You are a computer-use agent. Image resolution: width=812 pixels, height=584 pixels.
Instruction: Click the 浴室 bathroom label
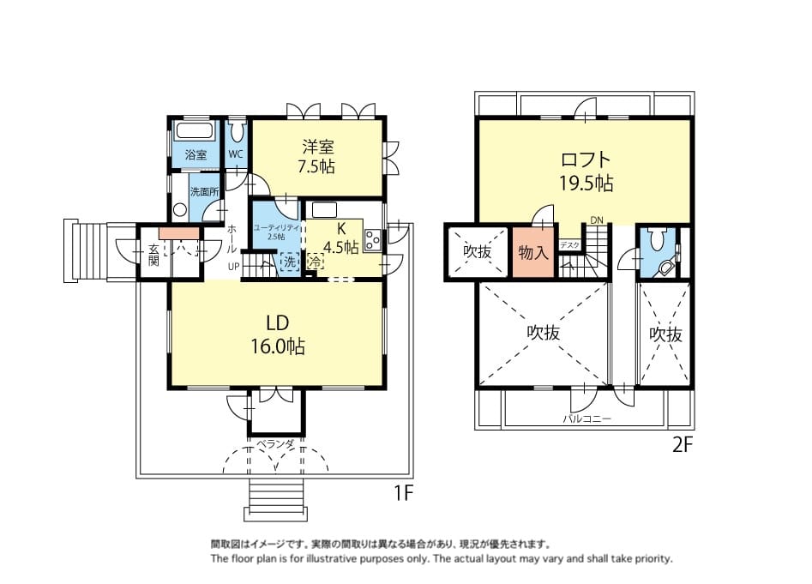pyautogui.click(x=195, y=154)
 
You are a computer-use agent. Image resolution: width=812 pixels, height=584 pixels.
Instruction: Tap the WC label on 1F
pyautogui.click(x=236, y=154)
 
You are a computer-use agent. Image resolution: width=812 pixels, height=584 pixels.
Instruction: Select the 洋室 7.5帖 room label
pyautogui.click(x=317, y=157)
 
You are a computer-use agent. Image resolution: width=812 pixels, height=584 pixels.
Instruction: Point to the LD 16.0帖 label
pyautogui.click(x=278, y=334)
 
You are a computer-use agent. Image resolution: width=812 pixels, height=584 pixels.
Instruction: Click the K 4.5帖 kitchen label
pyautogui.click(x=340, y=238)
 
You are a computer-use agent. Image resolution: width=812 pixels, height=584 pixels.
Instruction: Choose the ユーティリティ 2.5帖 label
pyautogui.click(x=277, y=232)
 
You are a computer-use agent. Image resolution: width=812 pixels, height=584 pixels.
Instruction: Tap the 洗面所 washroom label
pyautogui.click(x=204, y=191)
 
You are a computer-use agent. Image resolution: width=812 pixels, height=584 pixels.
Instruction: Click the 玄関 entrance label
pyautogui.click(x=153, y=255)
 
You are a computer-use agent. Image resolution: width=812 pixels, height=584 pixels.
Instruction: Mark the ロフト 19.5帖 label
pyautogui.click(x=586, y=171)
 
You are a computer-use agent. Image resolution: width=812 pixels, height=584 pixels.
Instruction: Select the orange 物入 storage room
pyautogui.click(x=533, y=253)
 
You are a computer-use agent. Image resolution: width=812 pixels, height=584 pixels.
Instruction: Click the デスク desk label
pyautogui.click(x=569, y=245)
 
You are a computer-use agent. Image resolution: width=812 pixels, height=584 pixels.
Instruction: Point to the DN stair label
pyautogui.click(x=597, y=220)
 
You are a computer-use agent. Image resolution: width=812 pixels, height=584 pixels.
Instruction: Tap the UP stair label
pyautogui.click(x=233, y=267)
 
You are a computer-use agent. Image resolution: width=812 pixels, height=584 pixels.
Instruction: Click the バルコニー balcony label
pyautogui.click(x=586, y=418)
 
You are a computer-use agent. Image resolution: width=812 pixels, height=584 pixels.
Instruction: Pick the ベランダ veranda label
pyautogui.click(x=275, y=443)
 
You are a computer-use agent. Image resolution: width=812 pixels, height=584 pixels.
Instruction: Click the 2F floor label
pyautogui.click(x=682, y=445)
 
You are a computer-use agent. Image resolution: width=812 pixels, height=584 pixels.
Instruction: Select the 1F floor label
pyautogui.click(x=404, y=493)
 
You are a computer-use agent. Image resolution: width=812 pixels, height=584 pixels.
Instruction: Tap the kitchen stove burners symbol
pyautogui.click(x=372, y=240)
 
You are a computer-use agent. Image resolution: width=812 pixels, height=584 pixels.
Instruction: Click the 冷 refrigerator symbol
pyautogui.click(x=315, y=262)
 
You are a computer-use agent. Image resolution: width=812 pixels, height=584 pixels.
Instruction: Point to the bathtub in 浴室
pyautogui.click(x=195, y=130)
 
